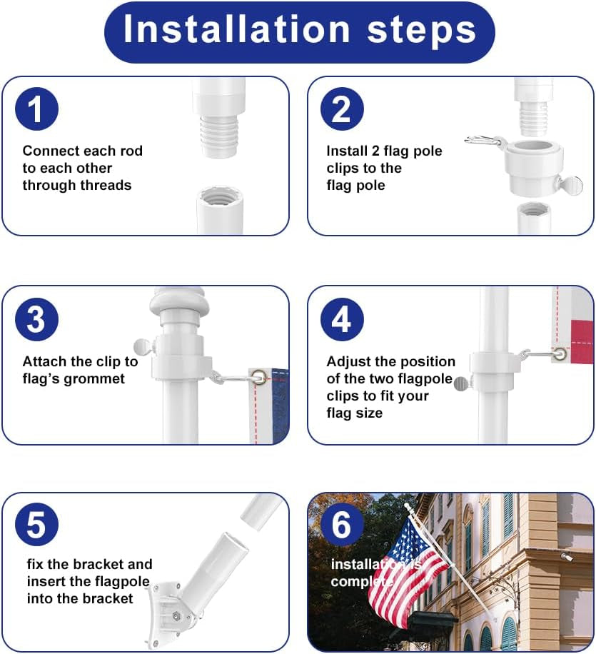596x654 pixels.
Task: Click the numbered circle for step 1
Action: tap(36, 109)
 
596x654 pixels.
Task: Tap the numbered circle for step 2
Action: tap(342, 109)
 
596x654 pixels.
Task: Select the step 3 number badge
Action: tap(36, 319)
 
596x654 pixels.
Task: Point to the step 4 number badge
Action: tap(342, 319)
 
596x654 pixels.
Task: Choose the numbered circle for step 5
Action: tap(36, 524)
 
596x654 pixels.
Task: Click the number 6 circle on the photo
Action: tap(342, 524)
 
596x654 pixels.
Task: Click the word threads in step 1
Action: tap(106, 185)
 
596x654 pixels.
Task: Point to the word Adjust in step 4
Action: tap(349, 361)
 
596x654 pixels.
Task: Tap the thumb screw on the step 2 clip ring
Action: tap(570, 185)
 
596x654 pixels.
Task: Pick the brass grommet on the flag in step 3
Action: tap(260, 378)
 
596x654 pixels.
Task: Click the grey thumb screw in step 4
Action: tap(462, 383)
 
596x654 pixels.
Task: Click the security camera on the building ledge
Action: tap(566, 556)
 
